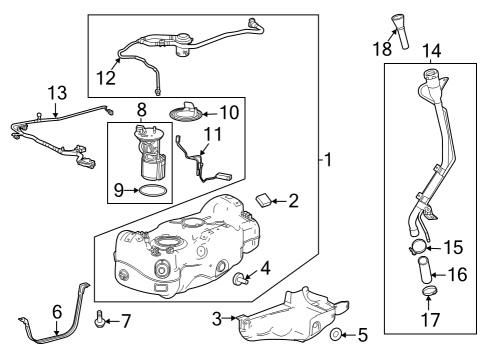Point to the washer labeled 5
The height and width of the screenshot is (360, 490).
pos(337,333)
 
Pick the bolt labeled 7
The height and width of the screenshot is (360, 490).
pos(99,321)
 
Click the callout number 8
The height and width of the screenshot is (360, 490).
pos(142,109)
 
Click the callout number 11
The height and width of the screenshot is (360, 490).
pos(212,133)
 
